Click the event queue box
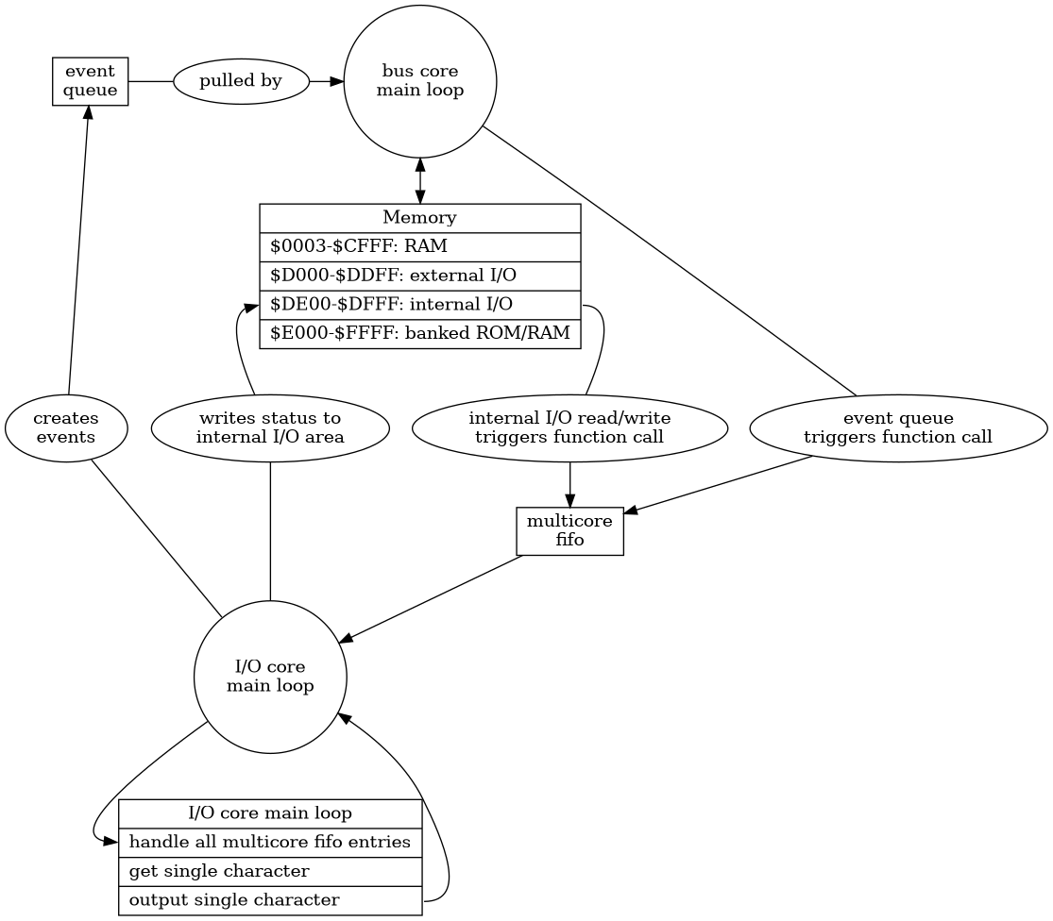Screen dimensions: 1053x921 pyautogui.click(x=90, y=81)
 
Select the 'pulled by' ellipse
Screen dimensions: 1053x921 pyautogui.click(x=241, y=81)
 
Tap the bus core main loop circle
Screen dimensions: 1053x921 pyautogui.click(x=420, y=81)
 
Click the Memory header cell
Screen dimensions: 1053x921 pyautogui.click(x=419, y=218)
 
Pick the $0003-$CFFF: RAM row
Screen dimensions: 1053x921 pyautogui.click(x=419, y=247)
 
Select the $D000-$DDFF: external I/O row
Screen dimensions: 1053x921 pyautogui.click(x=419, y=276)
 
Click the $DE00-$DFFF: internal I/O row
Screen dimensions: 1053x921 pyautogui.click(x=419, y=305)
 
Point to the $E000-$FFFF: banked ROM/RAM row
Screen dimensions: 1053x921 pyautogui.click(x=419, y=333)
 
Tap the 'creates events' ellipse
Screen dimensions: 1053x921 pyautogui.click(x=66, y=428)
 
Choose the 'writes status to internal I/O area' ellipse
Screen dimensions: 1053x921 pyautogui.click(x=270, y=428)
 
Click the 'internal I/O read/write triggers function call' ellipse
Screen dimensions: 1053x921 pyautogui.click(x=569, y=428)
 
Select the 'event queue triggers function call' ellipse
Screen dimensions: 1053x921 pyautogui.click(x=898, y=428)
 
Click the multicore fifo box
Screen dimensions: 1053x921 pyautogui.click(x=569, y=530)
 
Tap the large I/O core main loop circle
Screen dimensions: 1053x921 pyautogui.click(x=270, y=677)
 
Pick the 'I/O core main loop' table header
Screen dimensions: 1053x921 pyautogui.click(x=270, y=813)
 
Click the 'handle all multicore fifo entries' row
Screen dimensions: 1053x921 pyautogui.click(x=270, y=843)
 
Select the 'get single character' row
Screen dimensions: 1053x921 pyautogui.click(x=270, y=871)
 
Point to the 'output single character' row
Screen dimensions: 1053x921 pyautogui.click(x=270, y=900)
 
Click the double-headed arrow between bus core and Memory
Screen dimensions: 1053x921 pyautogui.click(x=420, y=181)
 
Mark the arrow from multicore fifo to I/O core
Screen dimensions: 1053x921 pyautogui.click(x=431, y=599)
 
